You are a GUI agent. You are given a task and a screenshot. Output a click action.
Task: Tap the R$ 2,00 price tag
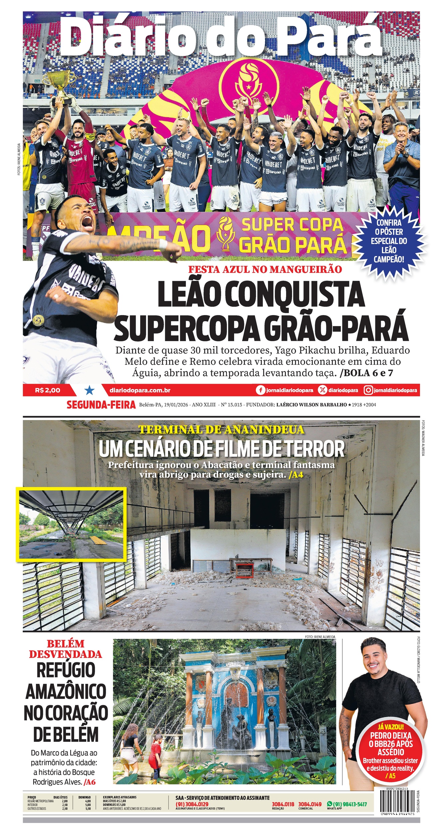pyautogui.click(x=48, y=390)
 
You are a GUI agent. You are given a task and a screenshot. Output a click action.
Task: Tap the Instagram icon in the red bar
pyautogui.click(x=368, y=390)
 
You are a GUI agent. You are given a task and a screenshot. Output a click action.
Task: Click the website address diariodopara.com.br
pyautogui.click(x=140, y=390)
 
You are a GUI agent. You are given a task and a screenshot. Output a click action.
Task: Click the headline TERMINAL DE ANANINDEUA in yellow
pyautogui.click(x=221, y=430)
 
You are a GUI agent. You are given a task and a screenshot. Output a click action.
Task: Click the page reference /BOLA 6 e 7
pyautogui.click(x=366, y=373)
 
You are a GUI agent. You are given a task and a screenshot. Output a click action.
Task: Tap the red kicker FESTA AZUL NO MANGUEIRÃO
pyautogui.click(x=265, y=269)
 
